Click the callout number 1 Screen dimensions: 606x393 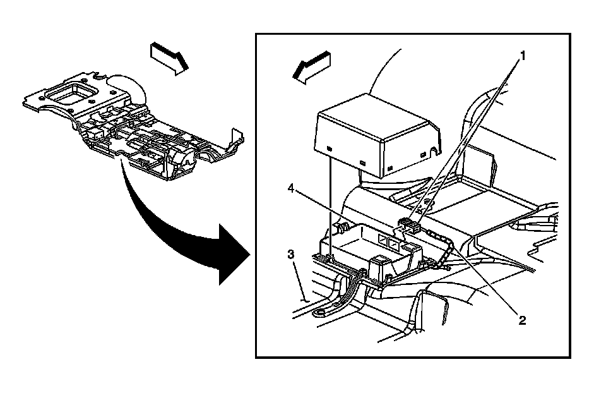pyautogui.click(x=522, y=55)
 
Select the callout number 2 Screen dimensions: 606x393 pyautogui.click(x=522, y=320)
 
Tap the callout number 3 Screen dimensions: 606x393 pyautogui.click(x=291, y=255)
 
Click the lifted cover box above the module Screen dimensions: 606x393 pyautogui.click(x=377, y=133)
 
